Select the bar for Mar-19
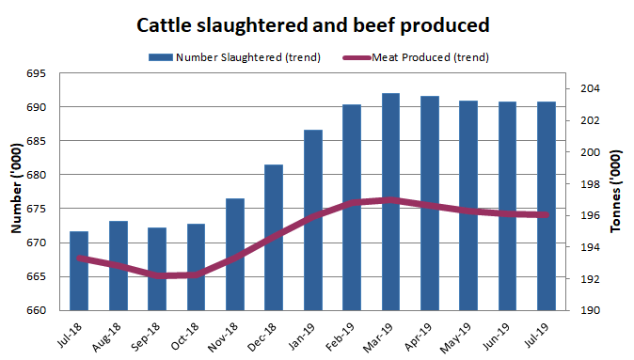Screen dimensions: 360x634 [x=390, y=202]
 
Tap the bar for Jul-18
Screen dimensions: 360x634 [x=79, y=271]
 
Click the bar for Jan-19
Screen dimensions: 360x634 [x=312, y=220]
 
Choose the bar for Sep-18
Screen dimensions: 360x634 [x=157, y=269]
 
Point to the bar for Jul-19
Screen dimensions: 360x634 [x=546, y=206]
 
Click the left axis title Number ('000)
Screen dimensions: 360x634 [x=16, y=192]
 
